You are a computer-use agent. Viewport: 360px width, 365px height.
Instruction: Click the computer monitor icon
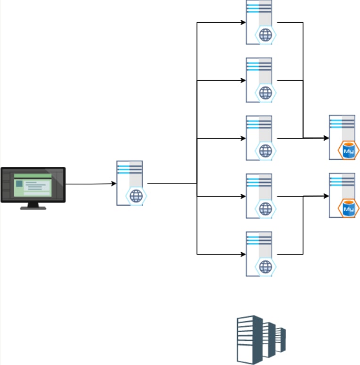click(x=33, y=185)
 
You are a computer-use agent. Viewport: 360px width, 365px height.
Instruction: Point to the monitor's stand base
click(x=33, y=207)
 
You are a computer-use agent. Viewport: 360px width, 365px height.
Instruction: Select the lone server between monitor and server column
click(x=130, y=183)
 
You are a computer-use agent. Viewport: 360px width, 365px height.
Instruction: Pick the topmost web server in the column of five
click(x=259, y=22)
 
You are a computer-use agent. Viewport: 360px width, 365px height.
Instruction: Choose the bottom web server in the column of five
click(x=259, y=254)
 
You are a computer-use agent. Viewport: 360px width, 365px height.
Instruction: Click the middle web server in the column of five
click(x=259, y=138)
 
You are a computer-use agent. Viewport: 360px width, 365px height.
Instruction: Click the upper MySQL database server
click(x=342, y=137)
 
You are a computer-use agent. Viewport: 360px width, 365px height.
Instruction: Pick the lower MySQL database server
click(x=342, y=195)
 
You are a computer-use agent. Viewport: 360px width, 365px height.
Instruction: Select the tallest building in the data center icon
click(x=250, y=340)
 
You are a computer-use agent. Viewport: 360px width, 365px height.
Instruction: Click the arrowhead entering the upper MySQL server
click(x=326, y=138)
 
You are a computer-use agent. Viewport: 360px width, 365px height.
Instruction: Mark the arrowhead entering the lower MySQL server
click(x=326, y=196)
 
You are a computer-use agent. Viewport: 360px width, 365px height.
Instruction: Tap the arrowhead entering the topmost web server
click(x=243, y=22)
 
